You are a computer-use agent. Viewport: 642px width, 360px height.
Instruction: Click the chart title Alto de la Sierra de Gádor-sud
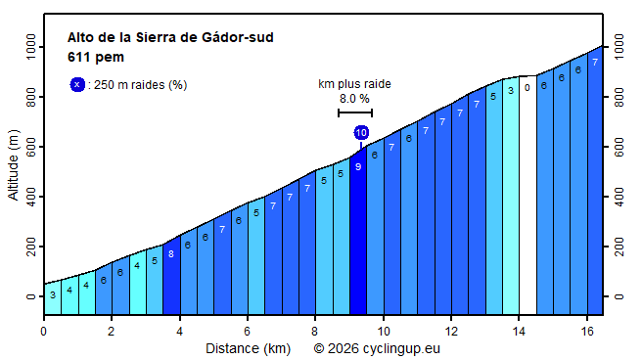point(170,38)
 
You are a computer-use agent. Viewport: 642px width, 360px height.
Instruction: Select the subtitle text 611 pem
point(95,57)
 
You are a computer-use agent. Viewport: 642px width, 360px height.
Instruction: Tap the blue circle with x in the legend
point(77,85)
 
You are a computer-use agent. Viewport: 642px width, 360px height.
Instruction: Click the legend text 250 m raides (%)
point(138,85)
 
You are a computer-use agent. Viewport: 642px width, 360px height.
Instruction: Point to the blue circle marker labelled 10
point(361,132)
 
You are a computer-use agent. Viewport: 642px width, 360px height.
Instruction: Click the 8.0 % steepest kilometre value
point(354,99)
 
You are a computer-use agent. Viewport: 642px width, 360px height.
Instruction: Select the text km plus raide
point(354,84)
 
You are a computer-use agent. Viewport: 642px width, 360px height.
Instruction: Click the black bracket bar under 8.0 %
point(354,112)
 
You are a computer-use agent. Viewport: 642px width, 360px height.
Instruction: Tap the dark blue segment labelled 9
point(358,235)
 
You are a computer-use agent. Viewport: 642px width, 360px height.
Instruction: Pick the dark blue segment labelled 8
point(171,274)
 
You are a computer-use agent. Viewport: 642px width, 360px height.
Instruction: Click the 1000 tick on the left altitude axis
point(31,46)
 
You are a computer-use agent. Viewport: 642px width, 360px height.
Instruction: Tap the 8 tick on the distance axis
point(315,331)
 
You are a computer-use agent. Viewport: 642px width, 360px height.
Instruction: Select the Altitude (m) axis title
point(14,169)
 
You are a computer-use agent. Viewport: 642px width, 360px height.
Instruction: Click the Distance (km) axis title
point(248,347)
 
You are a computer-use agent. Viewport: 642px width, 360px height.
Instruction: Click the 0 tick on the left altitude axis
point(31,296)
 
